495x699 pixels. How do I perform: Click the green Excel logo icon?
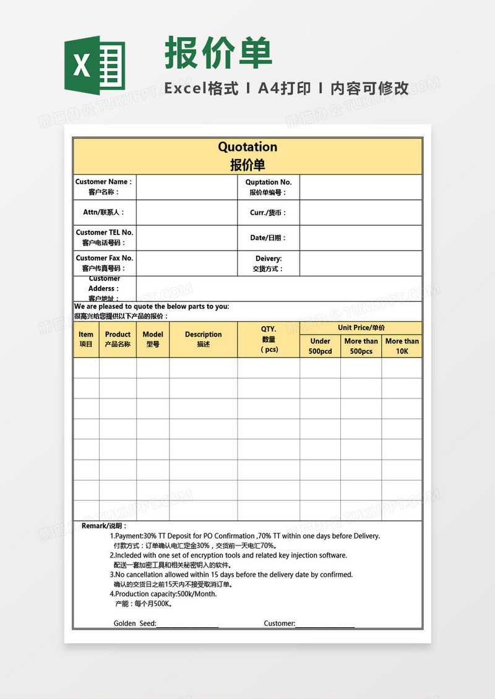click(95, 66)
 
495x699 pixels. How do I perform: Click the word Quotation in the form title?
click(247, 147)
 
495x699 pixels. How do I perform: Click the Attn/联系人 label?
click(104, 212)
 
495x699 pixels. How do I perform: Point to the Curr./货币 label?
click(268, 213)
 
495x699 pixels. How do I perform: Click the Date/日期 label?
click(268, 238)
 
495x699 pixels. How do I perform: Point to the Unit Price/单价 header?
click(361, 328)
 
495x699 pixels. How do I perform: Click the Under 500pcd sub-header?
click(320, 346)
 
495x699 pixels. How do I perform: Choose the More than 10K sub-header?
click(402, 346)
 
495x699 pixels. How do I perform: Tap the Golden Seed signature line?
click(187, 624)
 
